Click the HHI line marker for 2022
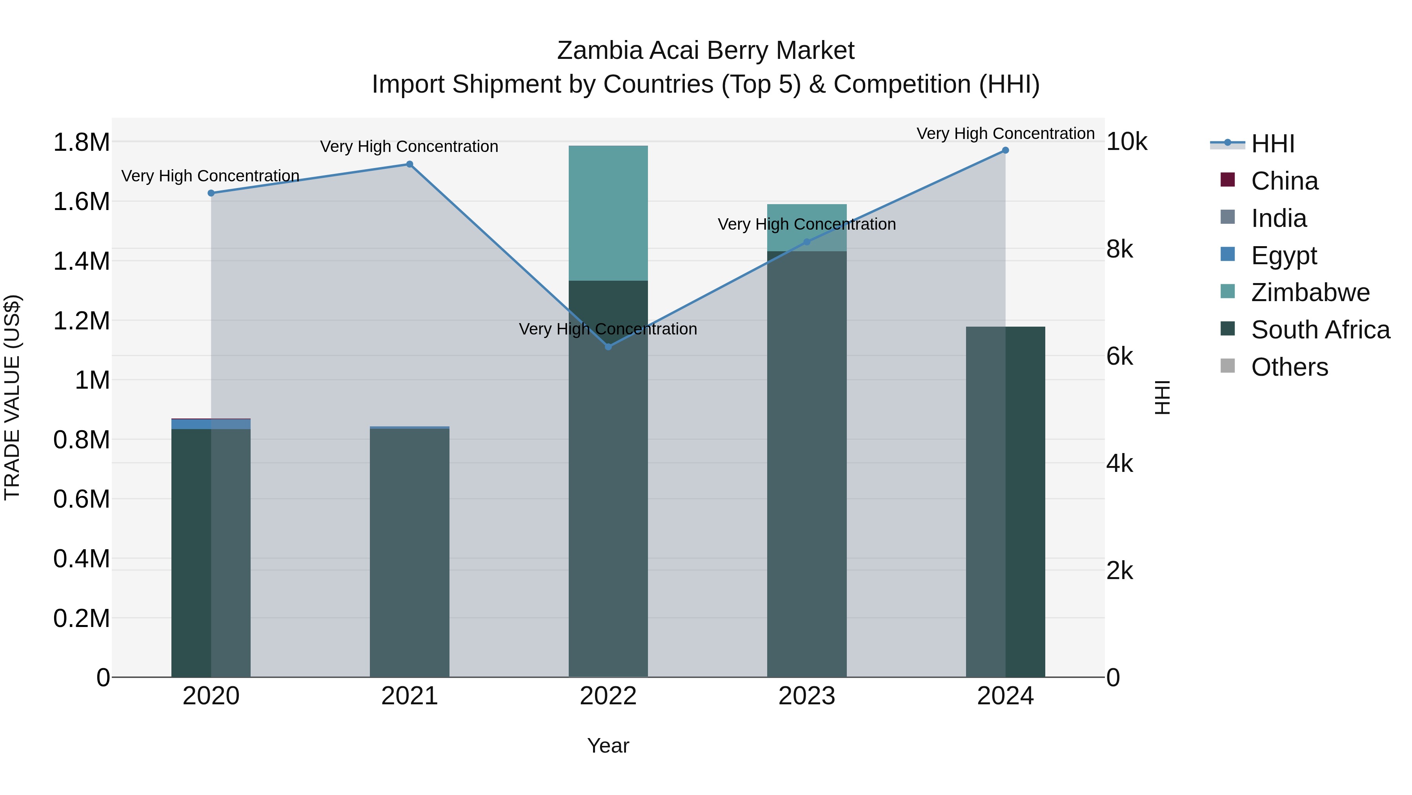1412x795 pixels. (608, 347)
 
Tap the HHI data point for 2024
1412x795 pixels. (1005, 150)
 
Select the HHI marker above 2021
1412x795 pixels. (409, 164)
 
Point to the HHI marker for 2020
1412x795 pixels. (211, 193)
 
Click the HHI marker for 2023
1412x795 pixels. (807, 242)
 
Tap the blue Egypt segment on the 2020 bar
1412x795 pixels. (211, 424)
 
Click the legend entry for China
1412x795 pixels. (1284, 181)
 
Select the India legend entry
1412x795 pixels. (1279, 218)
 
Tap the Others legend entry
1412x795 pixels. (1289, 367)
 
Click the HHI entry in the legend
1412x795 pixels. (1273, 144)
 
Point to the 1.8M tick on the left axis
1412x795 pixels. (81, 143)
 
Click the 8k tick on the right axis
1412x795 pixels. (1119, 250)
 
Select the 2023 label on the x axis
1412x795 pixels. (807, 696)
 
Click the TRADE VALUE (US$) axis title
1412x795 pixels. (13, 397)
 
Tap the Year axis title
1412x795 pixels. (608, 746)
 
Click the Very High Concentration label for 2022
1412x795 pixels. (608, 329)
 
